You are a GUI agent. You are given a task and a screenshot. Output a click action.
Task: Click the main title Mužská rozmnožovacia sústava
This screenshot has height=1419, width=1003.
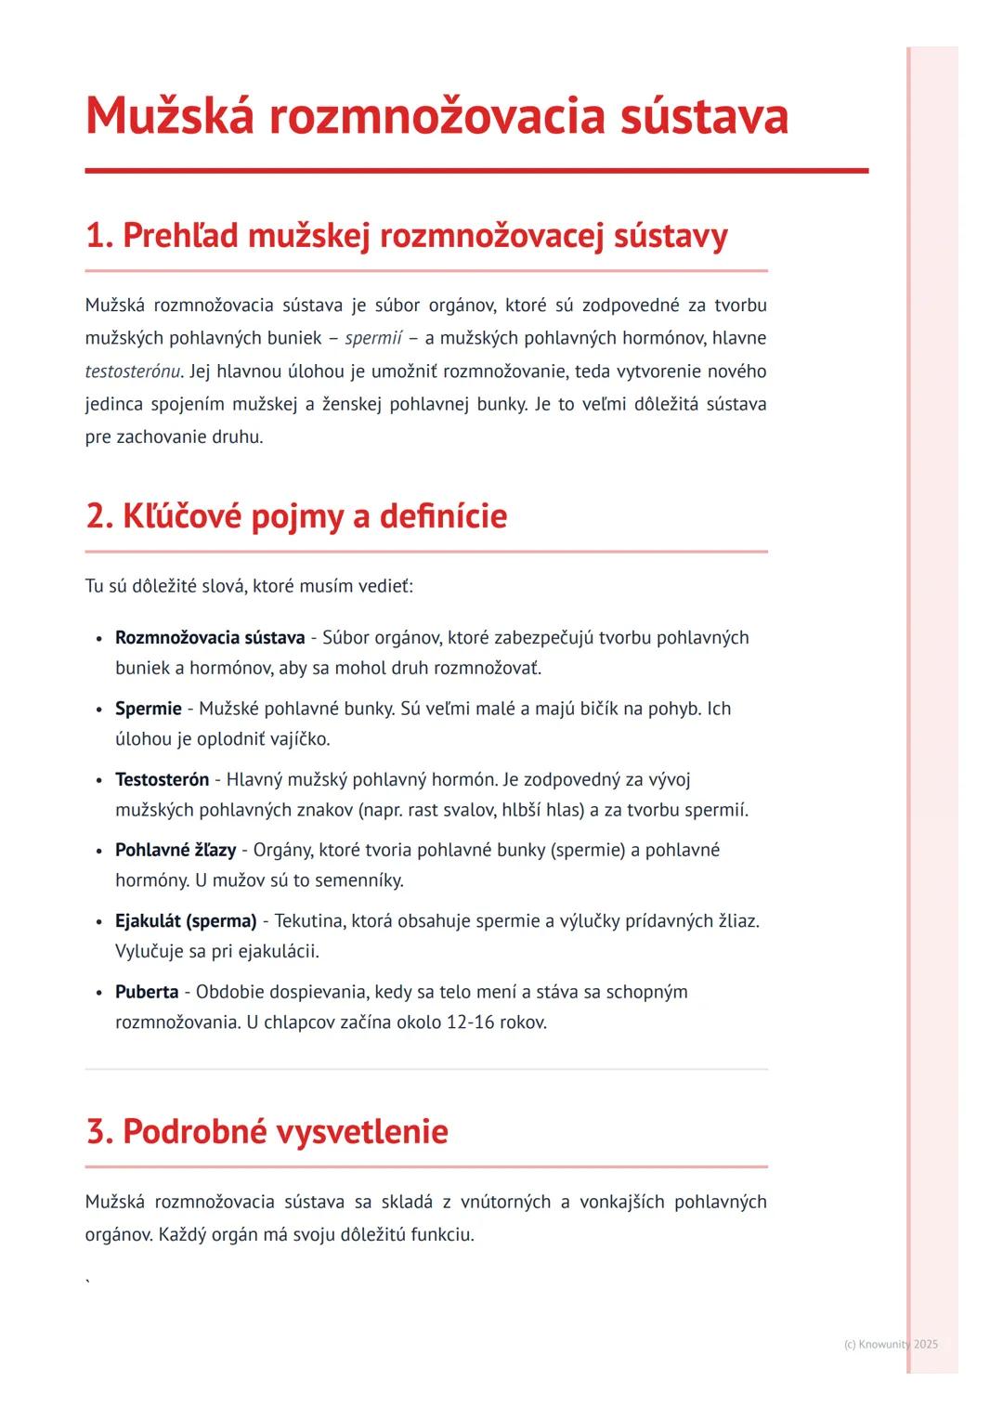tap(436, 117)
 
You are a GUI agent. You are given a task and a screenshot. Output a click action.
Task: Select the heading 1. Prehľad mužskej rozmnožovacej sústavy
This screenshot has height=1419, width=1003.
tap(406, 236)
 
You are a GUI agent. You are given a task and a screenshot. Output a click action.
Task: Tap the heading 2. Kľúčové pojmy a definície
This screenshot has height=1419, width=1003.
tap(296, 516)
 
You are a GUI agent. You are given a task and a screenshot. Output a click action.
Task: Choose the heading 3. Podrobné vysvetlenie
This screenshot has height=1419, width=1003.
tap(267, 1132)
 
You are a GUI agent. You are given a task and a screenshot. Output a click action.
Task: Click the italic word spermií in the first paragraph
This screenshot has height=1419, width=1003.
tap(373, 338)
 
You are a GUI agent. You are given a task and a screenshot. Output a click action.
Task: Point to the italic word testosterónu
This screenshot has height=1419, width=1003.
tap(133, 371)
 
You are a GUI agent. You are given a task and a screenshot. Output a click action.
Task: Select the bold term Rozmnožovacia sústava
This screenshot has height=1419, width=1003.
tap(210, 638)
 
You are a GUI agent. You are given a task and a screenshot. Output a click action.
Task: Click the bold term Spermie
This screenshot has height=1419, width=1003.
tap(148, 709)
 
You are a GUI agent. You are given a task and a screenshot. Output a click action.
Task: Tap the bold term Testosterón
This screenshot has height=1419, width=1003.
tap(162, 780)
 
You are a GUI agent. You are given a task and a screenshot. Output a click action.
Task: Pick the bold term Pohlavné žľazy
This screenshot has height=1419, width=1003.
tap(176, 851)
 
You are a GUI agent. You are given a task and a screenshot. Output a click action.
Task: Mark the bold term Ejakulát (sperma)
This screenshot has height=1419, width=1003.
tap(186, 921)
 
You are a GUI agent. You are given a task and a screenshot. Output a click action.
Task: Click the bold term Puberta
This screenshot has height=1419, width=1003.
tap(147, 992)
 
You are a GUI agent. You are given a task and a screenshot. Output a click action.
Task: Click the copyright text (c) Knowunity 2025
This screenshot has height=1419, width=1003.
tap(891, 1344)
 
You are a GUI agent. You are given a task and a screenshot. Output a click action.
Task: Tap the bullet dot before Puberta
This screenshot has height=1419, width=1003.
tap(98, 993)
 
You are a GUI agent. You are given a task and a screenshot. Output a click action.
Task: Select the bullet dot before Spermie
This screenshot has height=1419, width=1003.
tap(98, 709)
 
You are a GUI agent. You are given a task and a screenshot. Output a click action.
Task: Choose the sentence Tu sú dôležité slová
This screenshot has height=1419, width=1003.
tap(166, 586)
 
